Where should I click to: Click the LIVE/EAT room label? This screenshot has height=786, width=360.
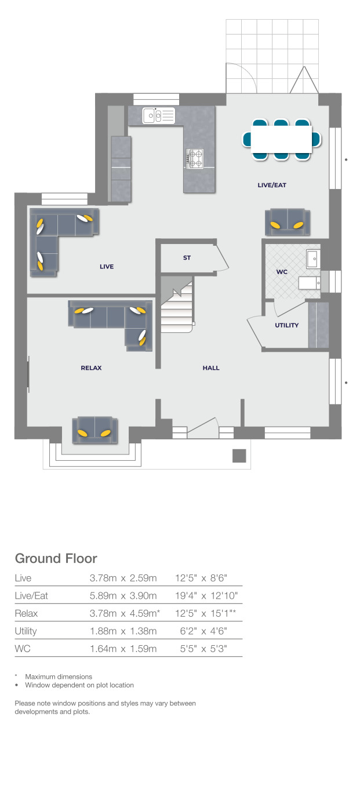pos(272,185)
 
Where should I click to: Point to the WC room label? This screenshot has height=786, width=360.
pos(282,271)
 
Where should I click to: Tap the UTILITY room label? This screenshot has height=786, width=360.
pos(286,325)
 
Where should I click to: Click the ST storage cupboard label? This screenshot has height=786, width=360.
pos(187,258)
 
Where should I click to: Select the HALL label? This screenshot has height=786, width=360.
pos(211,368)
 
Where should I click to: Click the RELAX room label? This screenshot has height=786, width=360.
pos(92,368)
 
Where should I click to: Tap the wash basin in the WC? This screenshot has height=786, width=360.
pos(313,259)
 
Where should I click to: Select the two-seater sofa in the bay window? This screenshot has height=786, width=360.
pos(94,430)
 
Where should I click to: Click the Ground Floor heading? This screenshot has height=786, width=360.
pos(56,558)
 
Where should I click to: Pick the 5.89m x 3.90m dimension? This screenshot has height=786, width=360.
pos(123,595)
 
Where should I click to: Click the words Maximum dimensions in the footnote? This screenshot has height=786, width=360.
pos(59,676)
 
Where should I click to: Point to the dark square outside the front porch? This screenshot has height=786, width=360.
pos(239,456)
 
